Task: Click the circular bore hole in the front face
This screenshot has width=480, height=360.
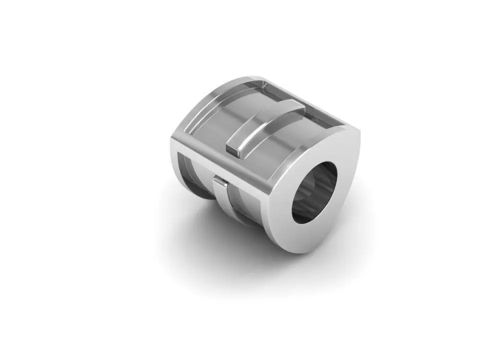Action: tap(314, 192)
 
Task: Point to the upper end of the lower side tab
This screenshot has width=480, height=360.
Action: tap(219, 179)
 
